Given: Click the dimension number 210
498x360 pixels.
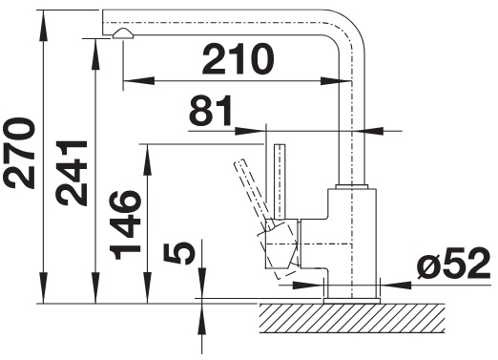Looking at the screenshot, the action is click(x=238, y=59).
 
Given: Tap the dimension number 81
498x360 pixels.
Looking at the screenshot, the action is click(x=211, y=111).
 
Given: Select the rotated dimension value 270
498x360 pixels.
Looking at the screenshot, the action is click(x=19, y=153).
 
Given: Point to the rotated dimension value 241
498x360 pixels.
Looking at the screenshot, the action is click(x=72, y=173).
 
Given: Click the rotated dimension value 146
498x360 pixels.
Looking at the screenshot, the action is click(x=125, y=224).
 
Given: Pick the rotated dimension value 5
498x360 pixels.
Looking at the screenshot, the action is click(x=179, y=252).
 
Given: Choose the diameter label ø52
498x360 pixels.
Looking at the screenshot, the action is click(x=454, y=264).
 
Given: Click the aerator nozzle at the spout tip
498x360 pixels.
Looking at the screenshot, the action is click(x=123, y=33).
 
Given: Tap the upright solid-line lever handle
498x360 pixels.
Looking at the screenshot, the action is click(x=280, y=181).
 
